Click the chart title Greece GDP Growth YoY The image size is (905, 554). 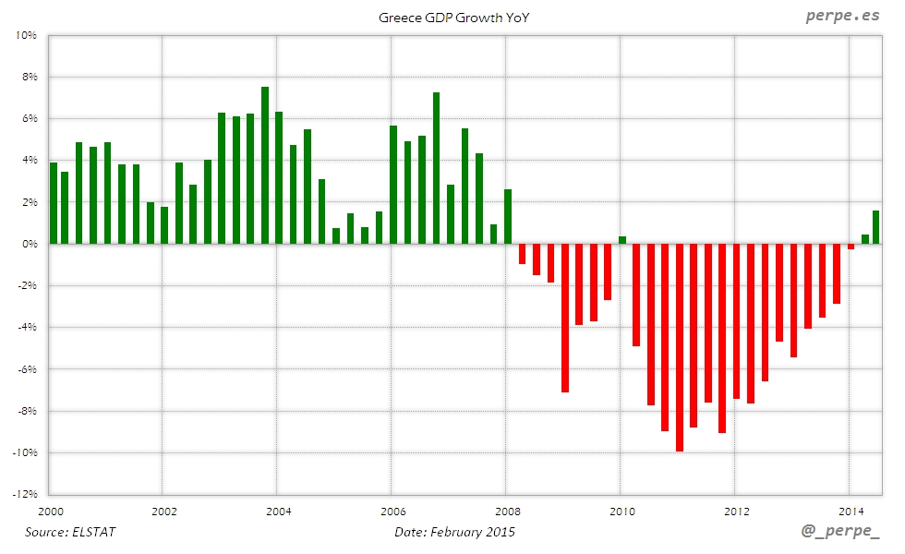click(x=452, y=18)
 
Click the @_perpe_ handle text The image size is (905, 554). click(x=839, y=532)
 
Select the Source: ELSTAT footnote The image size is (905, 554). click(x=71, y=532)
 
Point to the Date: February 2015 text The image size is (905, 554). click(x=454, y=532)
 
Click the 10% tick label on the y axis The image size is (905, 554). click(x=25, y=35)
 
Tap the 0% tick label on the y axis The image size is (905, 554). click(x=28, y=244)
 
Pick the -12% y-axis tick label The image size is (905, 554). click(x=23, y=494)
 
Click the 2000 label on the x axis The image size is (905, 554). click(x=50, y=511)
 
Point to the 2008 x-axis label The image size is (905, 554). click(x=507, y=511)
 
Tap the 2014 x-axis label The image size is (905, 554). click(x=850, y=511)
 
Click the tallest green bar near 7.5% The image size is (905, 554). click(x=265, y=166)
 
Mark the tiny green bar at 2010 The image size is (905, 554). click(x=622, y=240)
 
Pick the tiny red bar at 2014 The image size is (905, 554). click(x=851, y=247)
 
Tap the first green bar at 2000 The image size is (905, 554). click(x=54, y=203)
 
